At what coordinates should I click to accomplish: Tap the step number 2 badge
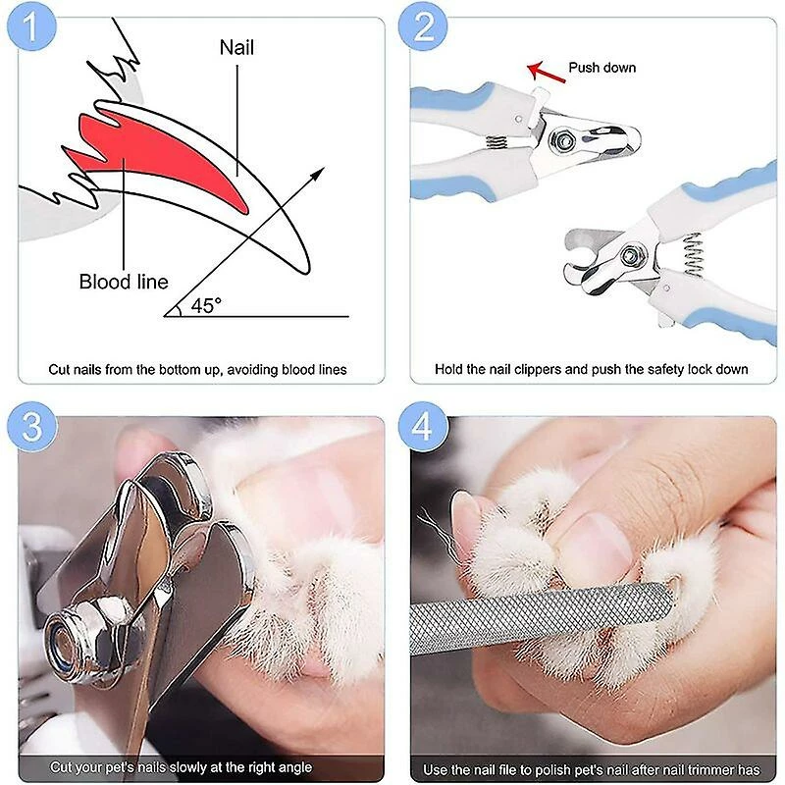click(424, 26)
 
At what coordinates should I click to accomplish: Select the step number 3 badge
click(32, 427)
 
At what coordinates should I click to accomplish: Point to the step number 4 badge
click(424, 427)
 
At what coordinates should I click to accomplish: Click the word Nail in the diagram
click(236, 47)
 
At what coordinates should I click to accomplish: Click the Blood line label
click(124, 283)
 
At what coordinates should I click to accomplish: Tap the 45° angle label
click(206, 306)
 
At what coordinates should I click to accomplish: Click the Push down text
click(602, 68)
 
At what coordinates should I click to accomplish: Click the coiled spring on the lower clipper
click(693, 254)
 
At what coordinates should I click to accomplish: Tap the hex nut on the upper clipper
click(563, 141)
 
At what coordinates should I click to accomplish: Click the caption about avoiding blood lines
click(197, 370)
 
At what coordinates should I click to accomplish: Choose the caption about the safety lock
click(592, 370)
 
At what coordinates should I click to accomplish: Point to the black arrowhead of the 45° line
click(318, 174)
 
